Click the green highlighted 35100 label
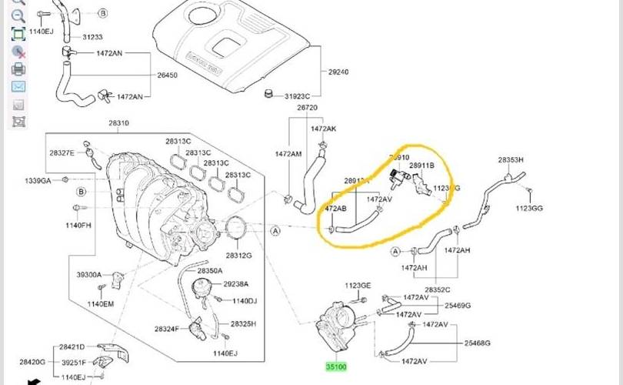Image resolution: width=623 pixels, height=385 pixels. pos(336,367)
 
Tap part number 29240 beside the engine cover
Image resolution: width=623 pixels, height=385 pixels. pos(338,72)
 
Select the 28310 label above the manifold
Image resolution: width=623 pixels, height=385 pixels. pos(118,123)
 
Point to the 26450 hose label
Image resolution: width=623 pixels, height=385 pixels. pos(168,75)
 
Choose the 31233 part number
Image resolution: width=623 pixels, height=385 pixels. pos(93,37)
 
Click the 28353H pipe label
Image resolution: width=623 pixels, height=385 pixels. pos(511,159)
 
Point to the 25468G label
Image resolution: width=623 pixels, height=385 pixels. pos(477,343)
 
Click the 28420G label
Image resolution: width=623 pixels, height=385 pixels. pos(33,361)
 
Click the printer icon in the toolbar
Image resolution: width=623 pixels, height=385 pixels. pos(18,69)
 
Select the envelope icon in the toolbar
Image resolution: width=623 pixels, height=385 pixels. pos(18,86)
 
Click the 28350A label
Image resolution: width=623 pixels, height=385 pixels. pos(209,271)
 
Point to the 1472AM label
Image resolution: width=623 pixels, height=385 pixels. pos(288,154)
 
